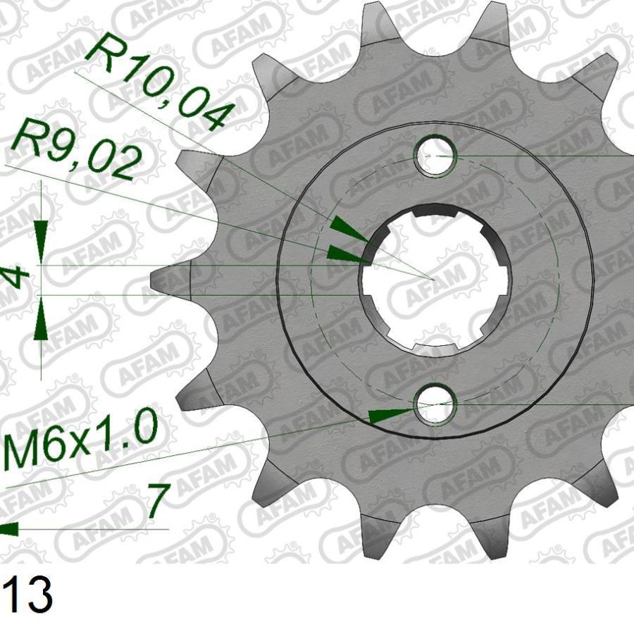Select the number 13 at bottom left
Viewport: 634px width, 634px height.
tap(26, 596)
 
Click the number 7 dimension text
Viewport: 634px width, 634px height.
tap(156, 501)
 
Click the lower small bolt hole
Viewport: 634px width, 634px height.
tap(435, 405)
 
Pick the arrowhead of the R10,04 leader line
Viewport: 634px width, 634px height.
tap(348, 230)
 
